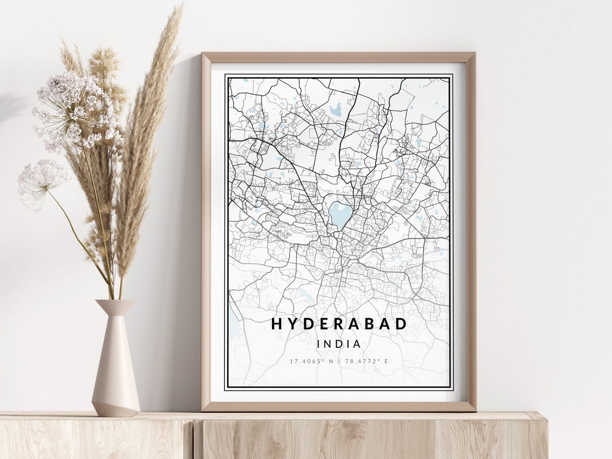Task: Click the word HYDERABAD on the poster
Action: click(339, 324)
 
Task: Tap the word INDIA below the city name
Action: click(339, 343)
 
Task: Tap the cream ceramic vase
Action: click(116, 363)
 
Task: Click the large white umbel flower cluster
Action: click(76, 110)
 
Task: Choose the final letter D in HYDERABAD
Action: click(401, 324)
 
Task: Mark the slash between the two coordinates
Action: click(339, 361)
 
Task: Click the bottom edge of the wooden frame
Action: click(339, 406)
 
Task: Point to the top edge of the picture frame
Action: click(339, 57)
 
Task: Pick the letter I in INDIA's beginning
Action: click(320, 343)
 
